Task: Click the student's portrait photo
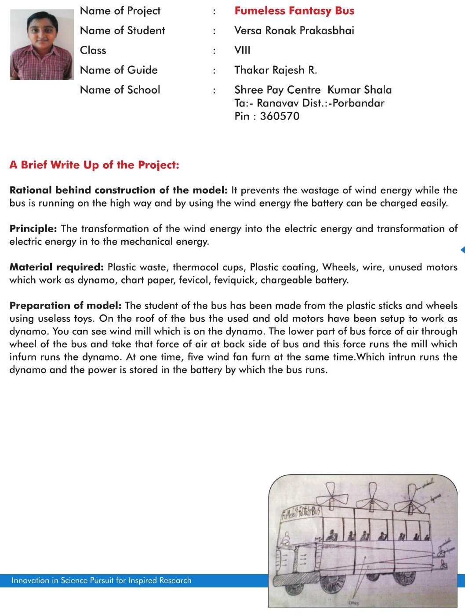tap(42, 44)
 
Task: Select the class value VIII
tap(242, 50)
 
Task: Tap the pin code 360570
tap(280, 116)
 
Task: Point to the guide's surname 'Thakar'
tap(251, 70)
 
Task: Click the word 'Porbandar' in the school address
tap(359, 103)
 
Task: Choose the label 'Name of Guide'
tap(119, 70)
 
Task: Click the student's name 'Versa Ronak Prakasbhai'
tap(294, 30)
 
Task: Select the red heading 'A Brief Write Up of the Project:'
tap(94, 165)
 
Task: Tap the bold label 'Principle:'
tap(33, 229)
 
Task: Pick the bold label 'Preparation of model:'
tap(65, 306)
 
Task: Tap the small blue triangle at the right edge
tap(462, 250)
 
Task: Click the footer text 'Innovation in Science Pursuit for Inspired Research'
tap(102, 580)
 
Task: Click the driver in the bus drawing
tap(286, 539)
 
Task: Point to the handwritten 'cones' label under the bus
tap(354, 603)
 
